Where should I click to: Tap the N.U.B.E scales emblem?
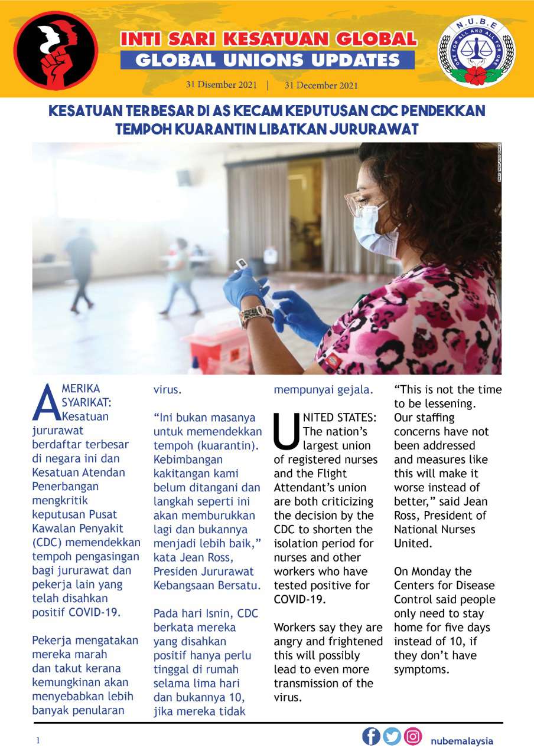click(476, 52)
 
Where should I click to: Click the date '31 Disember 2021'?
click(221, 85)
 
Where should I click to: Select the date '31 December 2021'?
click(321, 85)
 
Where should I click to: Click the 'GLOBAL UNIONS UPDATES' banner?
click(268, 60)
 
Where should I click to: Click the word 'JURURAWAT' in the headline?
click(371, 129)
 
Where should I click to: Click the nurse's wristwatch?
click(255, 317)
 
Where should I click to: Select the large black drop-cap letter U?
click(286, 432)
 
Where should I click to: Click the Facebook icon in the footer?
click(371, 737)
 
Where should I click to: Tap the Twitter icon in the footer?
click(392, 737)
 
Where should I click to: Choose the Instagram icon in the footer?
click(413, 737)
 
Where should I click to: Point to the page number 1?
click(38, 740)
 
